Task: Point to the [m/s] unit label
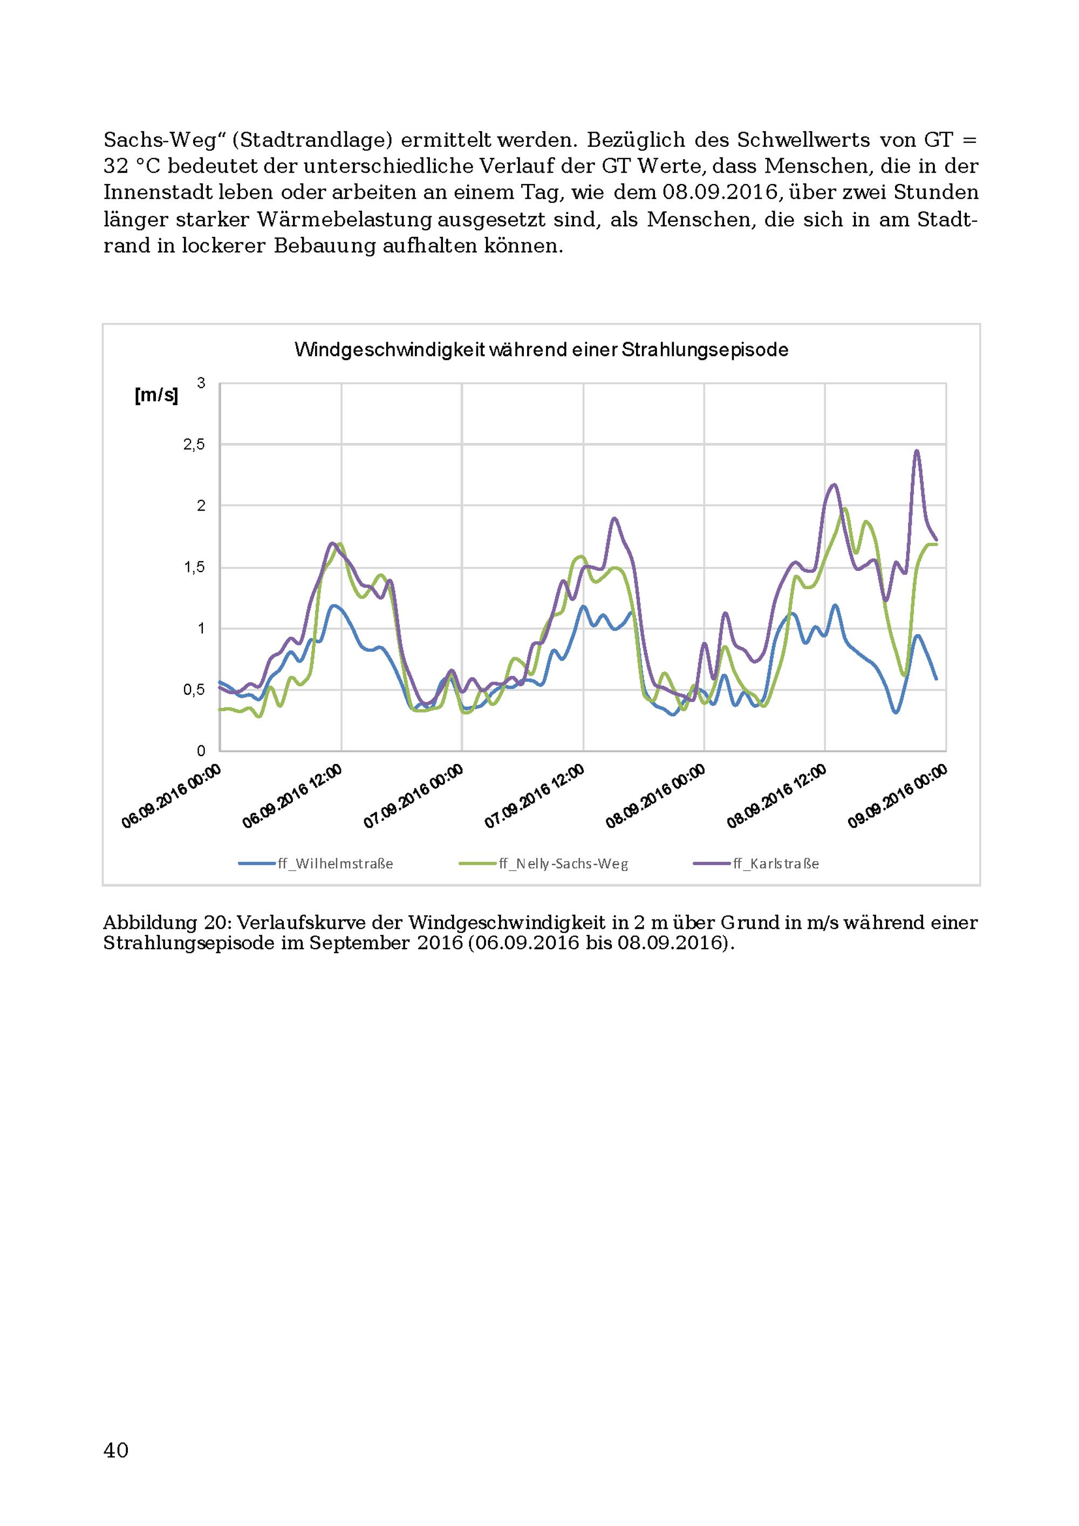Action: click(x=156, y=396)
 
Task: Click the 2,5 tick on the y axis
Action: click(x=194, y=445)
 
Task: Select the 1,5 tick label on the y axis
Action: click(x=194, y=568)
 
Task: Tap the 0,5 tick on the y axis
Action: click(x=194, y=690)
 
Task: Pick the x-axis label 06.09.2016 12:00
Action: click(x=292, y=796)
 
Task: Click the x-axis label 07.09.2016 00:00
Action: click(x=413, y=796)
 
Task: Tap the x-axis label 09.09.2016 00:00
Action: click(x=897, y=796)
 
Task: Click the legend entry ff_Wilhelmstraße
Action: click(x=316, y=864)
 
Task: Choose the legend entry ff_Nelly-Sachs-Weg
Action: click(x=543, y=864)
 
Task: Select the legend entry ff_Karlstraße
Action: click(x=756, y=864)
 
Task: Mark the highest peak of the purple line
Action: click(x=917, y=451)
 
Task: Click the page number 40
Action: click(x=117, y=1449)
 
